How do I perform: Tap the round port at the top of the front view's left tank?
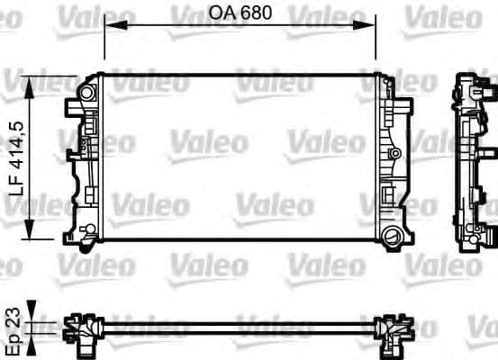(x=87, y=93)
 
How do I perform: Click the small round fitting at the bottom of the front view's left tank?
(x=87, y=236)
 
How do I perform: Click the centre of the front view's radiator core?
(x=240, y=158)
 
